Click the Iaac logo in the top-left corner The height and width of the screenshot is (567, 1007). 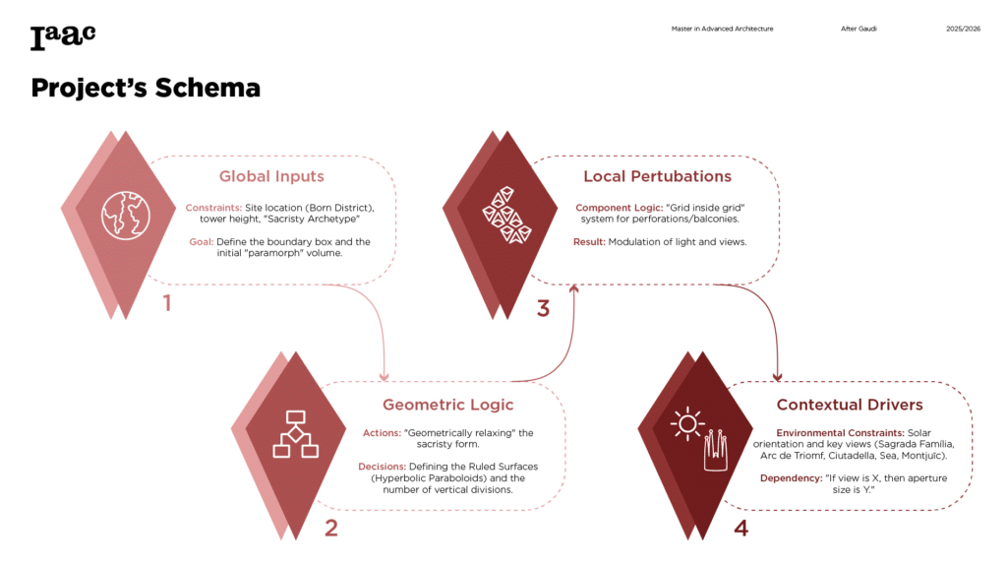click(x=63, y=36)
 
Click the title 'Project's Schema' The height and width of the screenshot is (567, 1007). click(x=145, y=89)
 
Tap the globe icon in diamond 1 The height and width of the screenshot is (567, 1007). click(x=124, y=214)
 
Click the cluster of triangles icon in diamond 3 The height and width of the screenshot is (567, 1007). click(x=505, y=214)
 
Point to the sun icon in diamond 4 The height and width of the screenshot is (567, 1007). click(x=687, y=423)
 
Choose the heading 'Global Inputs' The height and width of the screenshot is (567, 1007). click(x=271, y=177)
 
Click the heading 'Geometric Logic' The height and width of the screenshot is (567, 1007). click(x=447, y=406)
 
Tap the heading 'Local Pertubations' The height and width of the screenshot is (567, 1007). click(x=657, y=177)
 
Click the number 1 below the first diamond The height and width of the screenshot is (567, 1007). click(x=167, y=302)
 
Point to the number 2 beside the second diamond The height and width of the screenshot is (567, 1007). click(x=331, y=529)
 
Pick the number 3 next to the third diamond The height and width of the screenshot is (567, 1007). click(x=543, y=309)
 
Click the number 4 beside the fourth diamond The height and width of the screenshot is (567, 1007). click(x=740, y=529)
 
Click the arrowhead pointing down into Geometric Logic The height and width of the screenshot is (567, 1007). click(x=384, y=375)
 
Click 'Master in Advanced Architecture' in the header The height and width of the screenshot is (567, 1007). click(x=722, y=29)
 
